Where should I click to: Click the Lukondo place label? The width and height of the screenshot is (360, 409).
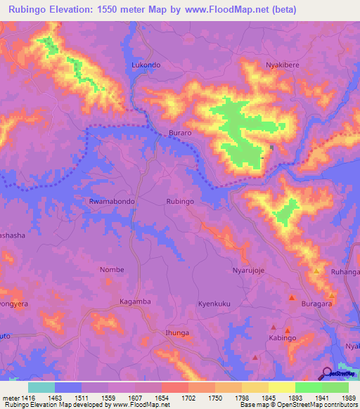tap(146, 65)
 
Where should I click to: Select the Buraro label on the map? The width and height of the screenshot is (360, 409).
tap(180, 133)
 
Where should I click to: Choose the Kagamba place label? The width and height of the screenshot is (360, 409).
tap(136, 301)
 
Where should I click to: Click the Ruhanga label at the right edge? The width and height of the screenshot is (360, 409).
tap(347, 272)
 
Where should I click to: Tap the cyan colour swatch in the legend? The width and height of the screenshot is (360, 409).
tap(41, 387)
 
